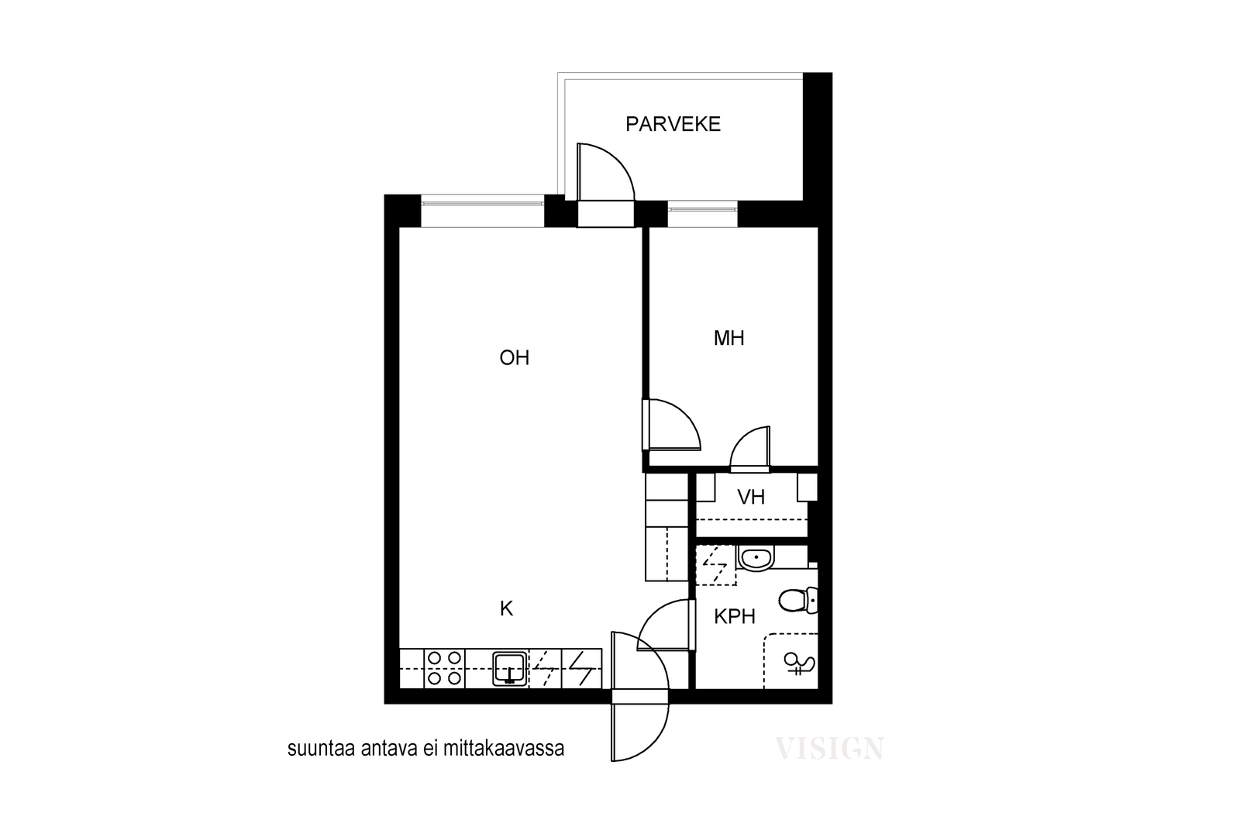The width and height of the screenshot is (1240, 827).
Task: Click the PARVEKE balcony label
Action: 673,124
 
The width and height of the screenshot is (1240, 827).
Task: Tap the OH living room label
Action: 515,358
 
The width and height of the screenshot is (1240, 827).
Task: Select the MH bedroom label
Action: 728,338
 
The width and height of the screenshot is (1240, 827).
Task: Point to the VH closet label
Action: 751,497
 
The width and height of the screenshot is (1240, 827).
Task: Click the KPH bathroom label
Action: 735,617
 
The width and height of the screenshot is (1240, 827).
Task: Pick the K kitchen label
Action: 506,609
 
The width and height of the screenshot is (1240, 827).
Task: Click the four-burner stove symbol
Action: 445,668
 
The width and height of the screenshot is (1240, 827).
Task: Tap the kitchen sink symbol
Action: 510,669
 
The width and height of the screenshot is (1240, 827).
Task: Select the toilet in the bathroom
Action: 798,601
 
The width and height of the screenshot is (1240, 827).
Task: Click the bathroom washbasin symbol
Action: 756,559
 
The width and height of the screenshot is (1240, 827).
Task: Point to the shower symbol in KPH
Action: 799,663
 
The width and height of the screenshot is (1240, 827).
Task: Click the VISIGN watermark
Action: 829,749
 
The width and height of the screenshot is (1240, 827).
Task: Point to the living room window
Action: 483,211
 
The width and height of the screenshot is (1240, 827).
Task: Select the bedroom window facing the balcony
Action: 702,214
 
